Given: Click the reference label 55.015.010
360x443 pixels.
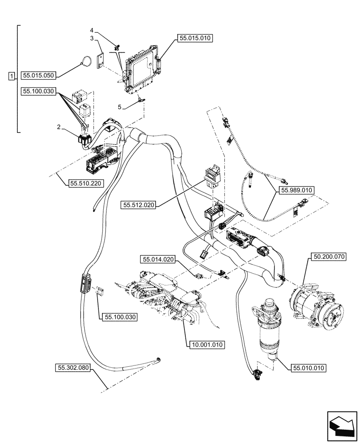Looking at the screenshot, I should [196, 39].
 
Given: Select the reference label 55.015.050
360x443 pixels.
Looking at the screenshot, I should [39, 75].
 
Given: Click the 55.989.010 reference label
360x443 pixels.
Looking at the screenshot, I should [296, 190].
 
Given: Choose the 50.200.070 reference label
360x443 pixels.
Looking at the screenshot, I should [327, 256].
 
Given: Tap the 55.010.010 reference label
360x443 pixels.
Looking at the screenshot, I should [309, 368].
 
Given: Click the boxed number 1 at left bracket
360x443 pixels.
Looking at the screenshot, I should [12, 75].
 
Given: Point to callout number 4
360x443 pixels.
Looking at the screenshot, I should [92, 30].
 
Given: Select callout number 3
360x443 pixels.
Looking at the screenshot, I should [92, 39].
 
